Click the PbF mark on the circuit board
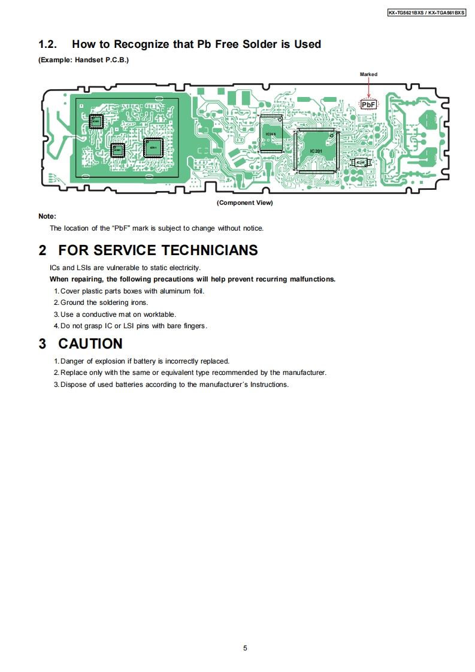coord(368,105)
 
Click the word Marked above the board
coord(368,75)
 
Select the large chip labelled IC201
coord(316,151)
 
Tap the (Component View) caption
coord(244,203)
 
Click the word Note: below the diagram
coord(47,216)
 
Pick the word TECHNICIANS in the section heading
coord(210,250)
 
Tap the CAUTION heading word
coord(90,344)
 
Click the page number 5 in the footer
coord(245,648)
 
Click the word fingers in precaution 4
coord(193,326)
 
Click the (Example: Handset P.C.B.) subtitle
coord(83,60)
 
